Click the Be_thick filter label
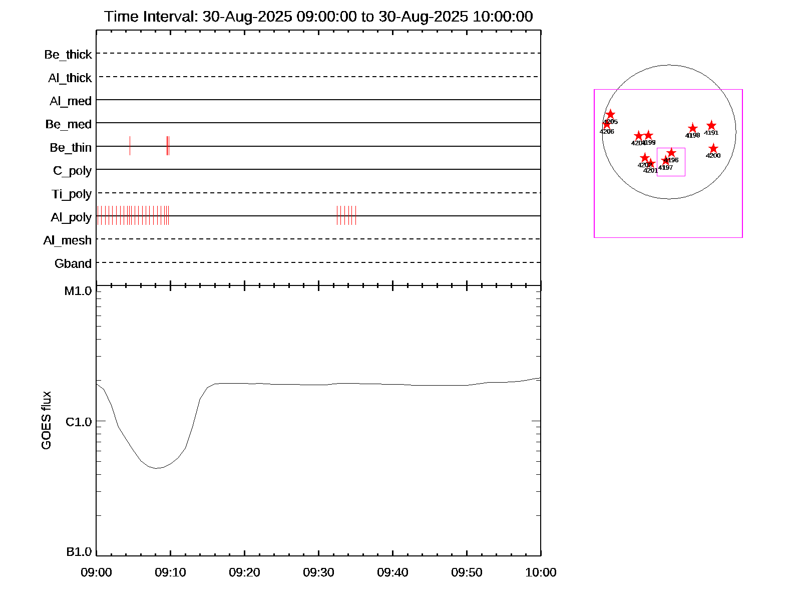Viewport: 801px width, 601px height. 68,55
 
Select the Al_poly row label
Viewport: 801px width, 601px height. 71,217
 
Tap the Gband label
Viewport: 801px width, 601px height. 73,264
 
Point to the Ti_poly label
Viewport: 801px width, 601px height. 72,194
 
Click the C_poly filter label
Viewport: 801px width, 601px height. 72,171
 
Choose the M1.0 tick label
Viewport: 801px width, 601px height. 78,291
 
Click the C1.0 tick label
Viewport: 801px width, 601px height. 79,422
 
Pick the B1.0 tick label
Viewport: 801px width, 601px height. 79,552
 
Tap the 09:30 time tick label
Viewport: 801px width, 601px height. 318,572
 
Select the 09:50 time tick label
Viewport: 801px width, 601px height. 467,572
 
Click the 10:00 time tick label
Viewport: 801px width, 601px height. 541,572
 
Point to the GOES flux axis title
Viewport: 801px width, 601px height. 46,421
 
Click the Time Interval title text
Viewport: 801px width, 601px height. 318,17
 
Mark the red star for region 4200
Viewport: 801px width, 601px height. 713,149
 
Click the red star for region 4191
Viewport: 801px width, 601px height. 711,126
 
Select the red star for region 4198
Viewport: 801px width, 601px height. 692,129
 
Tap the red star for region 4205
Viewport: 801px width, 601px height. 610,115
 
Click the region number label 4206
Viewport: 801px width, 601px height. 607,132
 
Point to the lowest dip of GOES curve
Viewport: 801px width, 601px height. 156,468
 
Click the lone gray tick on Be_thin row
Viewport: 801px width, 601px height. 130,146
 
